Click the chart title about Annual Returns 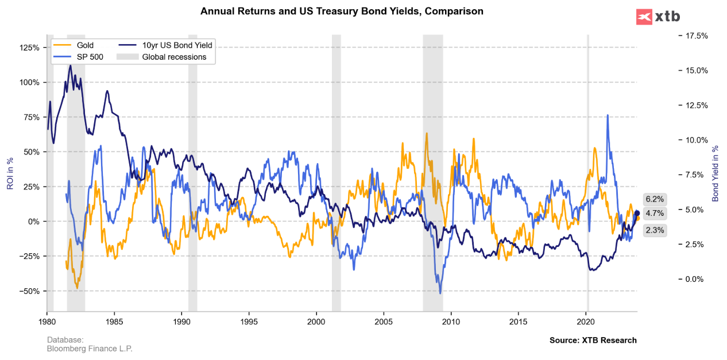tap(342, 11)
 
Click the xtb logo tap(658, 17)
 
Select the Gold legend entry tap(85, 45)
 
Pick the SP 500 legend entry tap(90, 57)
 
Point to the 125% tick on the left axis tap(30, 48)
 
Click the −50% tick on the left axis tap(30, 291)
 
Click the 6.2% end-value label tap(655, 199)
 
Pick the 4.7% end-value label tap(655, 213)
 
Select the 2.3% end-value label tap(655, 230)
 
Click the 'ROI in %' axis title tap(10, 173)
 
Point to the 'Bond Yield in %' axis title tap(715, 173)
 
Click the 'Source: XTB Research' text tap(593, 340)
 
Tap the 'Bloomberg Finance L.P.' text tap(90, 349)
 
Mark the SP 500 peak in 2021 tap(607, 115)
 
